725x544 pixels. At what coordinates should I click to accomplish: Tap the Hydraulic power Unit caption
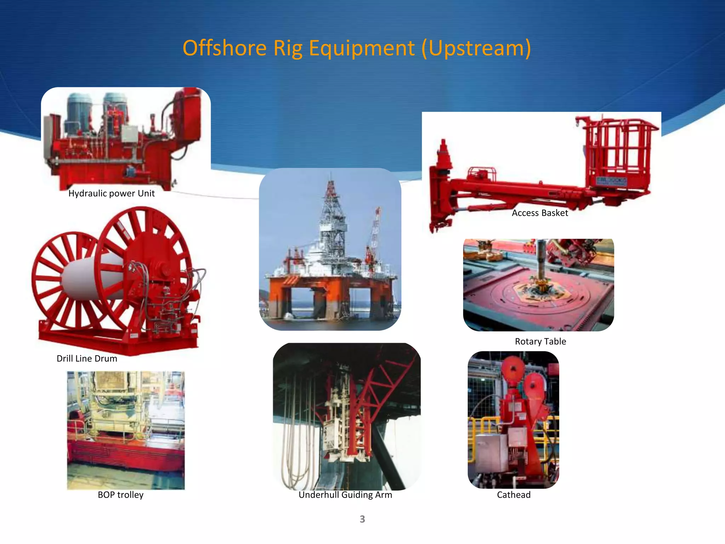[x=111, y=193]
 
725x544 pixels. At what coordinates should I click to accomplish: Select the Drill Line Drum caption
[x=87, y=358]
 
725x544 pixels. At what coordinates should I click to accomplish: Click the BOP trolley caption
[x=120, y=495]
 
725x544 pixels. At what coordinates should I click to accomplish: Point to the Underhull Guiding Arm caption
[x=345, y=495]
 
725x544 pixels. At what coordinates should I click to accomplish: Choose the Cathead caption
[x=514, y=495]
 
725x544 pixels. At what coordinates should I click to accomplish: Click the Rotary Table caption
[x=540, y=341]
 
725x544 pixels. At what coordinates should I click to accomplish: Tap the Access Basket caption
[x=540, y=213]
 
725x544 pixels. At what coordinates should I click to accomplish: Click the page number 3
[x=362, y=519]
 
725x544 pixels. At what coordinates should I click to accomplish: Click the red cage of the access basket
[x=620, y=152]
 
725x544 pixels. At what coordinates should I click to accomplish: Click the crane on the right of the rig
[x=375, y=234]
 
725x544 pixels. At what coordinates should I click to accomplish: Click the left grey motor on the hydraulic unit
[x=79, y=113]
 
